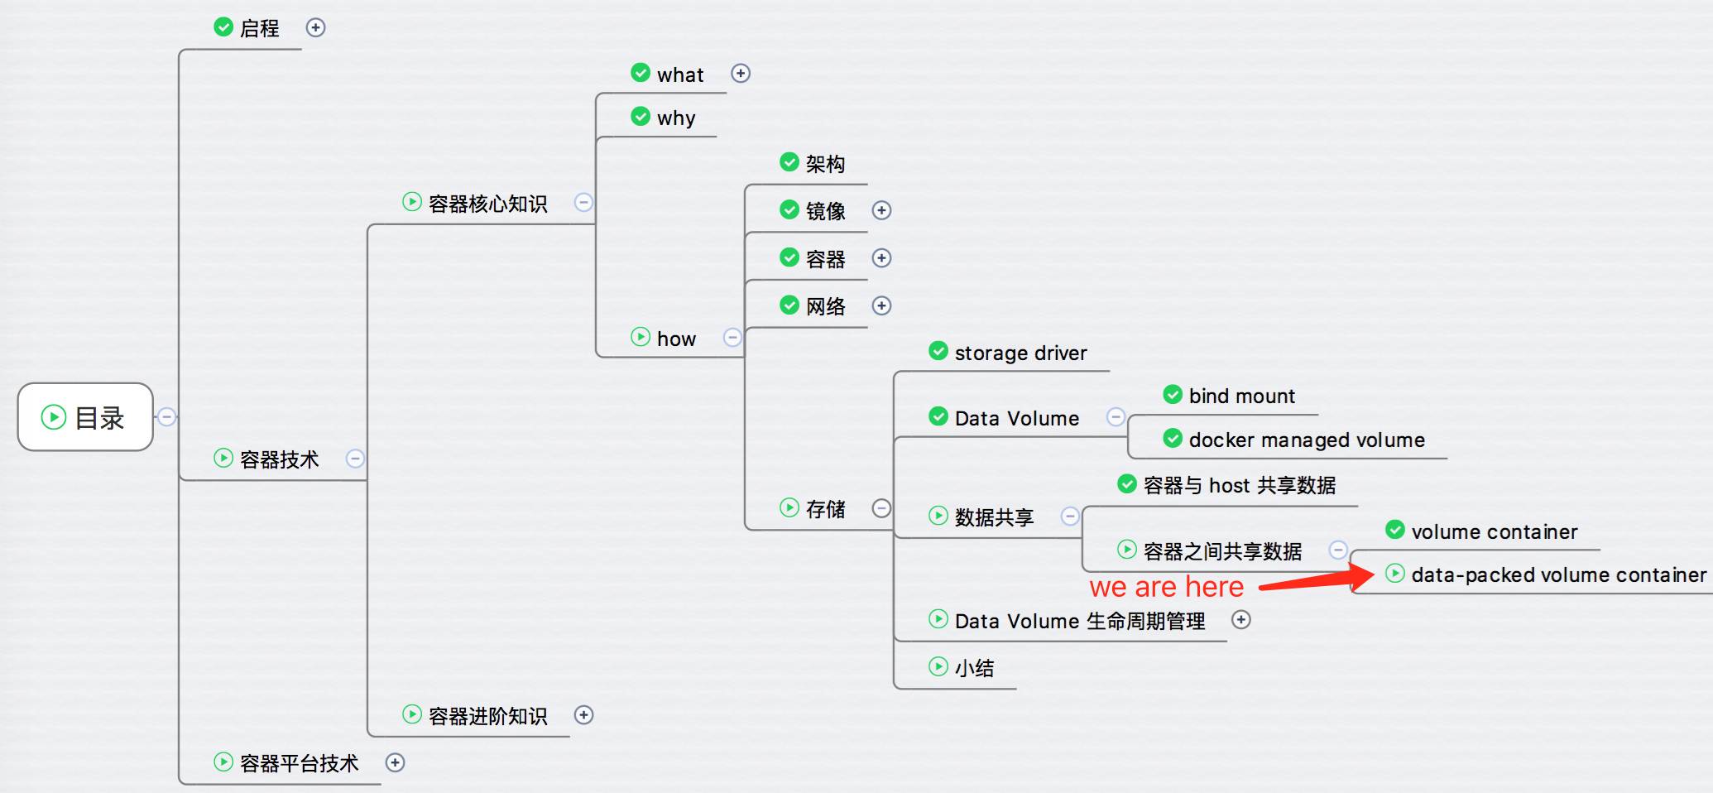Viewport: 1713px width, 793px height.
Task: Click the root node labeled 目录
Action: point(85,416)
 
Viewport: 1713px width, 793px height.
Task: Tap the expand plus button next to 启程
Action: point(315,27)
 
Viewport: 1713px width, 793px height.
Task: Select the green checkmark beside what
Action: point(641,73)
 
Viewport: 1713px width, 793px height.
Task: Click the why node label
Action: point(676,118)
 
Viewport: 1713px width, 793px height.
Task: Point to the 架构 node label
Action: point(825,164)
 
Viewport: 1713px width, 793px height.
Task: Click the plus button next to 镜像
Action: point(881,210)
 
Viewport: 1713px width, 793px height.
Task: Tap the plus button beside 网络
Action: point(881,305)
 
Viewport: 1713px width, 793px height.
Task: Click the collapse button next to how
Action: point(732,338)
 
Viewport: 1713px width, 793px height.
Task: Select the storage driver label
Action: point(1020,353)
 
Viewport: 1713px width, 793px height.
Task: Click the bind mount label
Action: point(1241,396)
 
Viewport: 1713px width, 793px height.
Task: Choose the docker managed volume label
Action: point(1307,440)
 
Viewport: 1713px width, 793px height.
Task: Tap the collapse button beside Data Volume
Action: point(1116,416)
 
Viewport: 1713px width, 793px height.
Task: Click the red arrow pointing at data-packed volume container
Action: point(1317,578)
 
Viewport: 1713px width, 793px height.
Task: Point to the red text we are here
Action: point(1167,587)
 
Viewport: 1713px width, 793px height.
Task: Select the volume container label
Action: point(1495,531)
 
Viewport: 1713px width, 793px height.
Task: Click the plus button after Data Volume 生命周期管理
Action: point(1240,619)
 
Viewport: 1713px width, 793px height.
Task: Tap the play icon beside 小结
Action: point(938,666)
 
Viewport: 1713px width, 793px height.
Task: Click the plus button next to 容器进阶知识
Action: point(583,714)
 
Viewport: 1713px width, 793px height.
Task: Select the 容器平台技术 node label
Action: point(299,763)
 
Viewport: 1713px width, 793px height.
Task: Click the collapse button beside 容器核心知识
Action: point(583,202)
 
